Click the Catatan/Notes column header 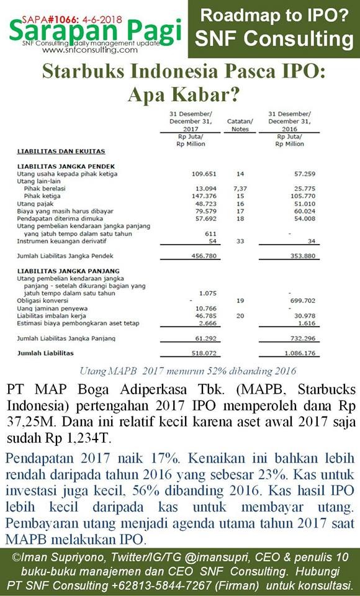point(240,125)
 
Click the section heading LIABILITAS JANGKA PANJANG point(68,271)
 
